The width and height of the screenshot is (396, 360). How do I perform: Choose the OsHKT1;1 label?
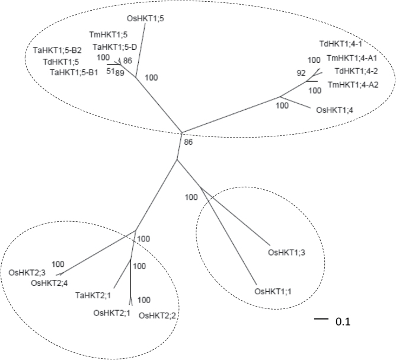273,292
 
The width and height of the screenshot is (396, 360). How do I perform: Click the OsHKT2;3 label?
27,273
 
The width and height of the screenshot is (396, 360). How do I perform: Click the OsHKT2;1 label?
113,313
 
